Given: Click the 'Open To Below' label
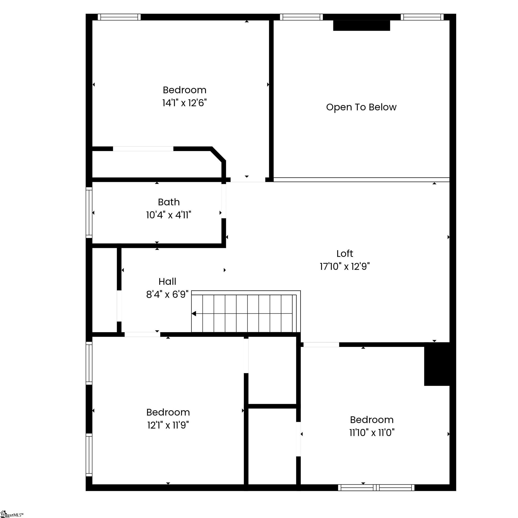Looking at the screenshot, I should click(x=361, y=107).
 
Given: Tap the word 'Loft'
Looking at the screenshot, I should click(x=345, y=253).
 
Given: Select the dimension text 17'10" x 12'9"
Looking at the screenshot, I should click(x=345, y=267).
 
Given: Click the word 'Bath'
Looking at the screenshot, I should click(x=169, y=202).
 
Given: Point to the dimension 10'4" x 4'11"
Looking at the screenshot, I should click(x=169, y=215).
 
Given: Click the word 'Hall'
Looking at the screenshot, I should click(x=167, y=281).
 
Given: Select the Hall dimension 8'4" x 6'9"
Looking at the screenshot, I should click(x=167, y=294).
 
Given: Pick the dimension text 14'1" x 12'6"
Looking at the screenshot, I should click(x=184, y=103).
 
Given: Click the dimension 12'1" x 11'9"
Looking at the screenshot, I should click(x=168, y=425).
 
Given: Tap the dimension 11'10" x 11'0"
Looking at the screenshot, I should click(x=372, y=433).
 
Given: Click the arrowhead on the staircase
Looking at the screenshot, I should click(x=194, y=313).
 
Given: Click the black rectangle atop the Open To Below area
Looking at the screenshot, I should click(x=361, y=25).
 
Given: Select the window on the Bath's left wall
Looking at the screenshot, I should click(x=89, y=213).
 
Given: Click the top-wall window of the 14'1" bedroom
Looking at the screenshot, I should click(x=119, y=17).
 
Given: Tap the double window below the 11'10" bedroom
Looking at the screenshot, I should click(x=376, y=488).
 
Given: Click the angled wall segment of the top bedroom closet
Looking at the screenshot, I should click(x=218, y=154).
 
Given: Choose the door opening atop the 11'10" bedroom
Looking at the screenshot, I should click(x=321, y=345).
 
